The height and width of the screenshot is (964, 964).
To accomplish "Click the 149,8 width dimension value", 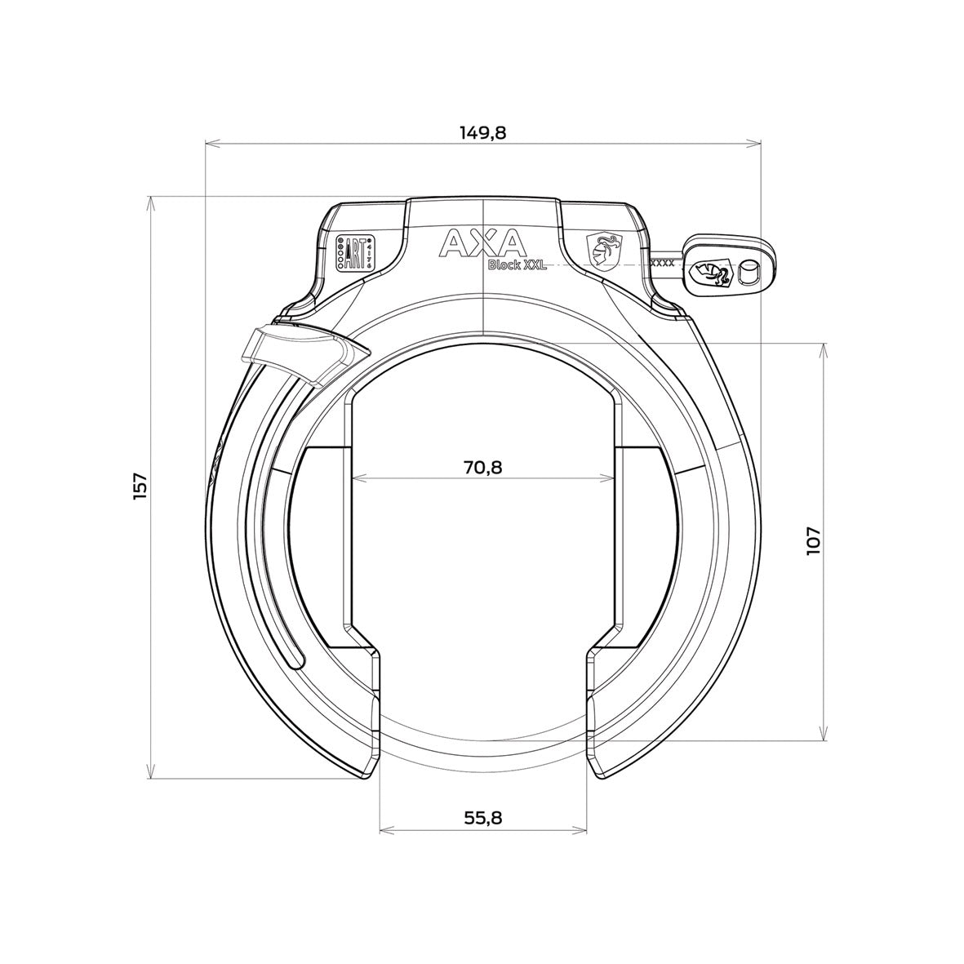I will pyautogui.click(x=482, y=132).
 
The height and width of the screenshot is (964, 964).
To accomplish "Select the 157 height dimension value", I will pyautogui.click(x=140, y=486).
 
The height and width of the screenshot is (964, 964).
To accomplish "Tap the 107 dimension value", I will pyautogui.click(x=814, y=541).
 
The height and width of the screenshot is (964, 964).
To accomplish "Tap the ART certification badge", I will pyautogui.click(x=355, y=254).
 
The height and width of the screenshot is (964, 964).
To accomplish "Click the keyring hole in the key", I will pyautogui.click(x=747, y=273).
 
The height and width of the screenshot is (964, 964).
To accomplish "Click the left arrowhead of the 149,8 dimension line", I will pyautogui.click(x=209, y=144).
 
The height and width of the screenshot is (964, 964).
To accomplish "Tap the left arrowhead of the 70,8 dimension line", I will pyautogui.click(x=357, y=478).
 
